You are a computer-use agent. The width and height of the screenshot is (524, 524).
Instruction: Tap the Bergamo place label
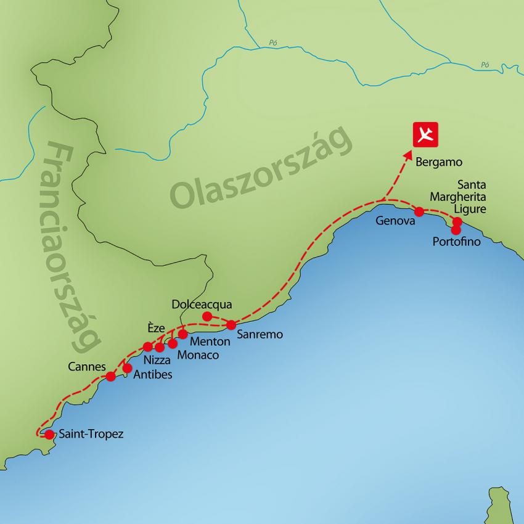tap(439, 163)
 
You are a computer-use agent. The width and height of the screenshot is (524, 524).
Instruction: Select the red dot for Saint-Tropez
tap(49, 434)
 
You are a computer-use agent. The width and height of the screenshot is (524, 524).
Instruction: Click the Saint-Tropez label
tap(91, 434)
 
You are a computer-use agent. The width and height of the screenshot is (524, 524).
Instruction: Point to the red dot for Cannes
tap(111, 376)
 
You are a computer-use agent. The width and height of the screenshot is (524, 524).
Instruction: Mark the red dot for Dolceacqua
tap(207, 316)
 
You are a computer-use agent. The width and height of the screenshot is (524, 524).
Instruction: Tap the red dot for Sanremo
tap(231, 325)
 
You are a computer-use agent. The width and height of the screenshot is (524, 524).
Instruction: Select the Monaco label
tap(197, 355)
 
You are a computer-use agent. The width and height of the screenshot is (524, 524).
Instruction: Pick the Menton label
tap(210, 341)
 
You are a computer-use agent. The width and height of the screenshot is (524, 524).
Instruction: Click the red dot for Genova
tap(419, 211)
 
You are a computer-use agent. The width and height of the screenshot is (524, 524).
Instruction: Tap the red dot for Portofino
tap(456, 230)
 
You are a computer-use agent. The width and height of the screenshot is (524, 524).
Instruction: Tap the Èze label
tap(157, 329)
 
